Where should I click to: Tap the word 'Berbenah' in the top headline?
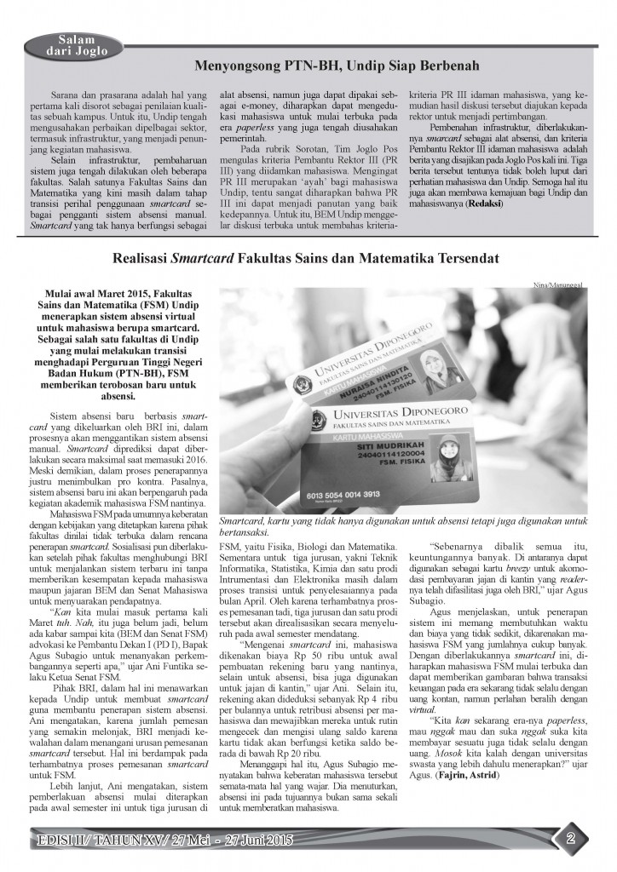point(443,65)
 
